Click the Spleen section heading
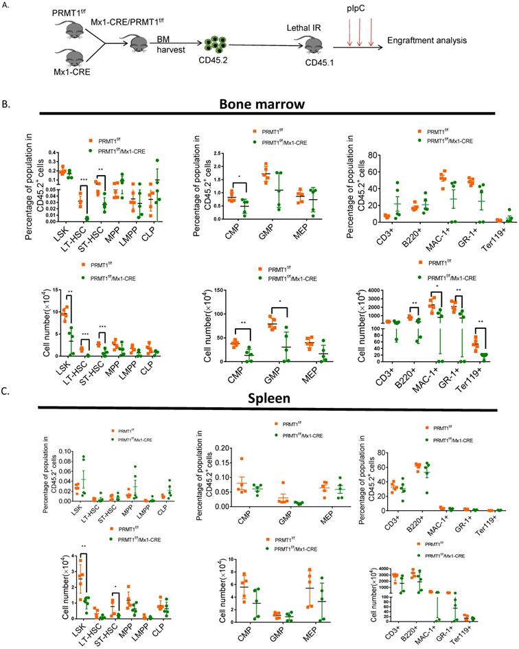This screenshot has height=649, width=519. pyautogui.click(x=259, y=397)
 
